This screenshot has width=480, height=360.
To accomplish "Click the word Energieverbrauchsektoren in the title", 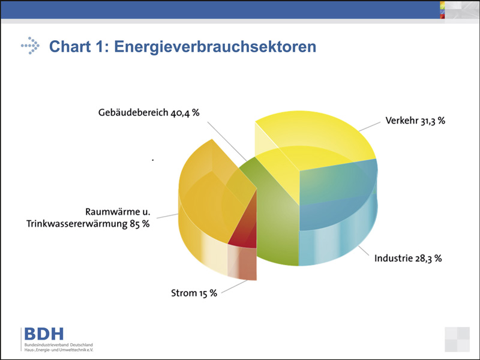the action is (215, 47).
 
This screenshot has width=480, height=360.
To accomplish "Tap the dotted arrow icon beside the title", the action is (31, 46).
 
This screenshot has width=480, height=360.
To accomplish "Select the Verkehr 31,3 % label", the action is (415, 121).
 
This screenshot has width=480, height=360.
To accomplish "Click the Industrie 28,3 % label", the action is (408, 259).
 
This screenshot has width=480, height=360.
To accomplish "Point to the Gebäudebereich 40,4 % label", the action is (149, 113).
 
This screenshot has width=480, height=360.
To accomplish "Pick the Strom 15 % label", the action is (194, 293).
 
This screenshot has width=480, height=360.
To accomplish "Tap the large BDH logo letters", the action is (44, 334).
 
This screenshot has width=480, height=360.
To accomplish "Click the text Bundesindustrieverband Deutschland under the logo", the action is (59, 345).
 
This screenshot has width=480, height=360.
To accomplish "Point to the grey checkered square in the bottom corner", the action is (457, 339).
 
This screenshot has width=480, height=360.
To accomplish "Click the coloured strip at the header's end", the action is (442, 10).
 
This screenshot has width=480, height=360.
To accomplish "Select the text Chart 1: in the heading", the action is (79, 47).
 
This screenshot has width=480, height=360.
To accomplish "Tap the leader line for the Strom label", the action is (234, 287).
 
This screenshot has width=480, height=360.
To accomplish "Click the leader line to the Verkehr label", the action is (370, 127).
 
